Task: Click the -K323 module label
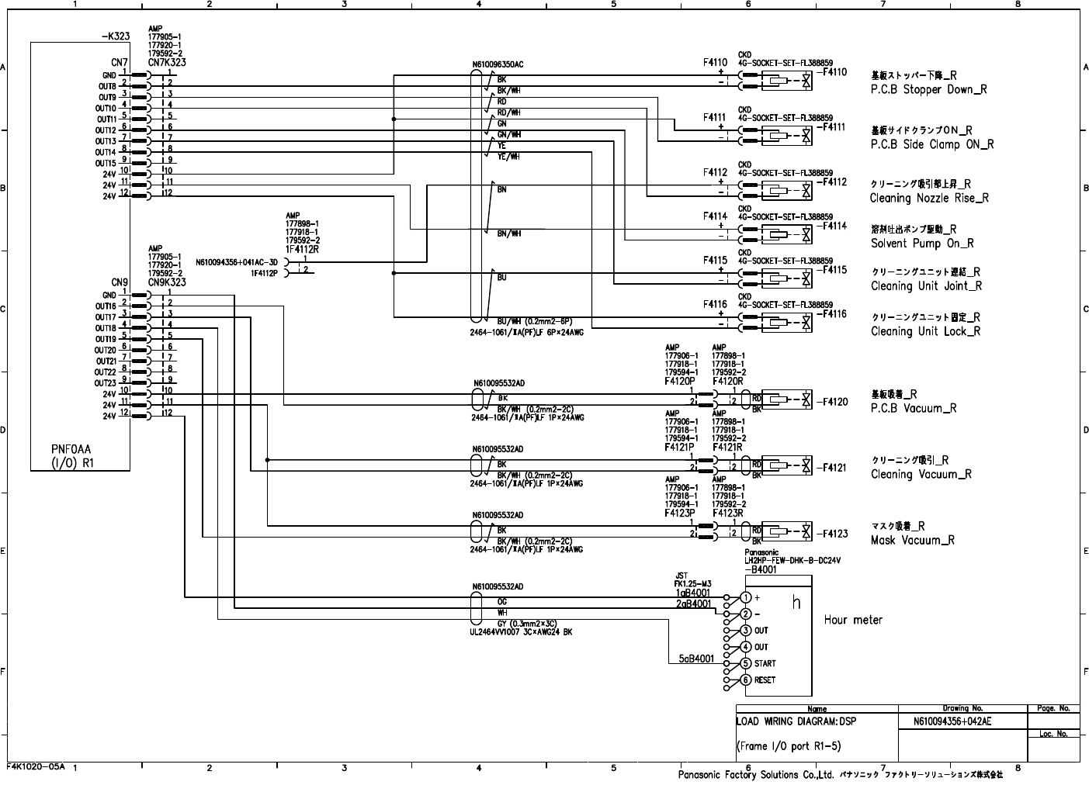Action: pyautogui.click(x=116, y=36)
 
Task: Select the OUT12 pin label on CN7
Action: pyautogui.click(x=106, y=130)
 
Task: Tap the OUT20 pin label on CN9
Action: pyautogui.click(x=106, y=351)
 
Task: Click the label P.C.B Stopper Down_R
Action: pyautogui.click(x=928, y=89)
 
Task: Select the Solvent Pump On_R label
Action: pyautogui.click(x=922, y=244)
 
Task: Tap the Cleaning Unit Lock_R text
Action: pyautogui.click(x=925, y=331)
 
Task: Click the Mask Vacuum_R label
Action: pyautogui.click(x=913, y=541)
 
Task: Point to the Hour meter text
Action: pyautogui.click(x=853, y=620)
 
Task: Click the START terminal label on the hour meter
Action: pyautogui.click(x=765, y=664)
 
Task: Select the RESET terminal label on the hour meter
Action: pyautogui.click(x=765, y=680)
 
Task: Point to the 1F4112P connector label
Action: pyautogui.click(x=264, y=273)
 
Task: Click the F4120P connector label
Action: pyautogui.click(x=680, y=382)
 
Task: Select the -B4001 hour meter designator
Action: pyautogui.click(x=761, y=569)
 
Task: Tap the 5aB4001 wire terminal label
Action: pyautogui.click(x=696, y=659)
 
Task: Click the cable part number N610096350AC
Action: pyautogui.click(x=498, y=65)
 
